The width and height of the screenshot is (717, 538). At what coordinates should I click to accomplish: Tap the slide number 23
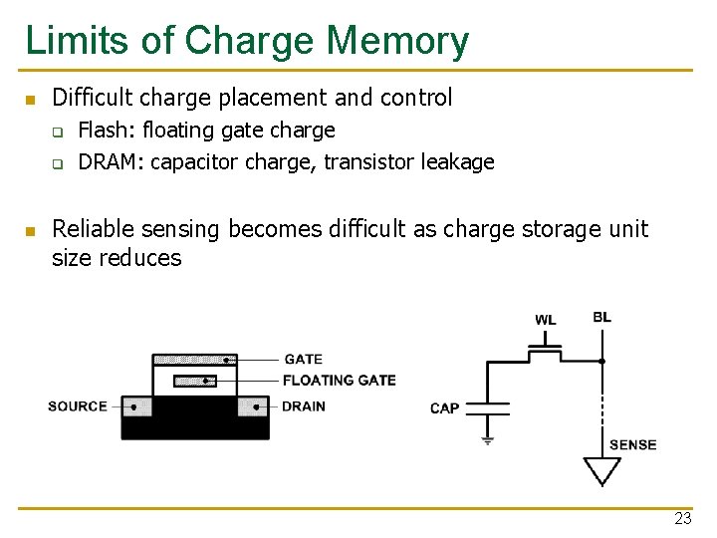pos(682,518)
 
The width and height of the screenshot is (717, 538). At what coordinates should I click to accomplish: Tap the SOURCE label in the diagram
pos(77,406)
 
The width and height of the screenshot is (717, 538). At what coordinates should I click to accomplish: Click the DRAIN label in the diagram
pos(304,406)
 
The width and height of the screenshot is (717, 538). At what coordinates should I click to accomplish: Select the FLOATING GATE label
pos(339,380)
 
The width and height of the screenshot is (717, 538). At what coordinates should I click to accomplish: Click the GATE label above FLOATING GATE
pos(304,359)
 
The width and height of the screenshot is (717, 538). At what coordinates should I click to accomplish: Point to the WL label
pos(546,320)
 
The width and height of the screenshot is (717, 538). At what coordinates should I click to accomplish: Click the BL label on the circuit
pos(601,318)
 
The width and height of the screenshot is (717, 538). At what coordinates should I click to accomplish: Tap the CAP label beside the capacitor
pos(444,408)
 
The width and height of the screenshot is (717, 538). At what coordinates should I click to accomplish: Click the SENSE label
pos(632,445)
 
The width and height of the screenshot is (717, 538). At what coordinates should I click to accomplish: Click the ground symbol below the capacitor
pos(487,438)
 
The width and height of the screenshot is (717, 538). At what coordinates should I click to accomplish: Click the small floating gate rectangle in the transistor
pos(195,381)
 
